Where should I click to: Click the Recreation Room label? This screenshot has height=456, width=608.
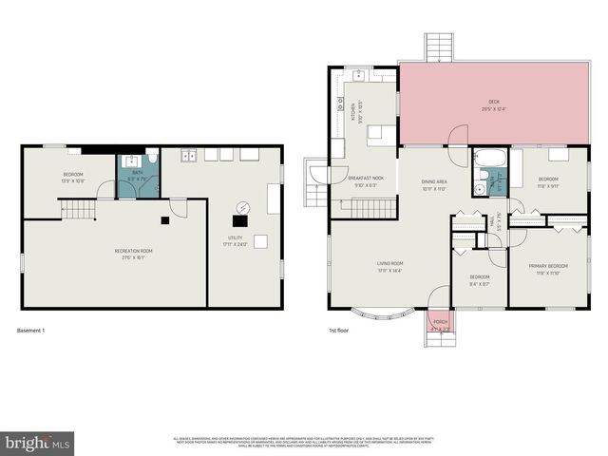[x=133, y=251]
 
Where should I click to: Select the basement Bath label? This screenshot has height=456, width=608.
[x=137, y=172]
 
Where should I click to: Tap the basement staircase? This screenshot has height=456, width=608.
[x=79, y=208]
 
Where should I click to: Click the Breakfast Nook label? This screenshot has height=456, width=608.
[x=365, y=179]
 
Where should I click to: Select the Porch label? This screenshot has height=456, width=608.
[x=440, y=322]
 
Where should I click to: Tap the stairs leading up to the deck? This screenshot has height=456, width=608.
[x=439, y=48]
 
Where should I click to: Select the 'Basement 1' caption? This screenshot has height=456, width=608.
[x=31, y=331]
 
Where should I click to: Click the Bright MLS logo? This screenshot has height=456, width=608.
[x=38, y=443]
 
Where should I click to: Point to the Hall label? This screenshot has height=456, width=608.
[x=493, y=227]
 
